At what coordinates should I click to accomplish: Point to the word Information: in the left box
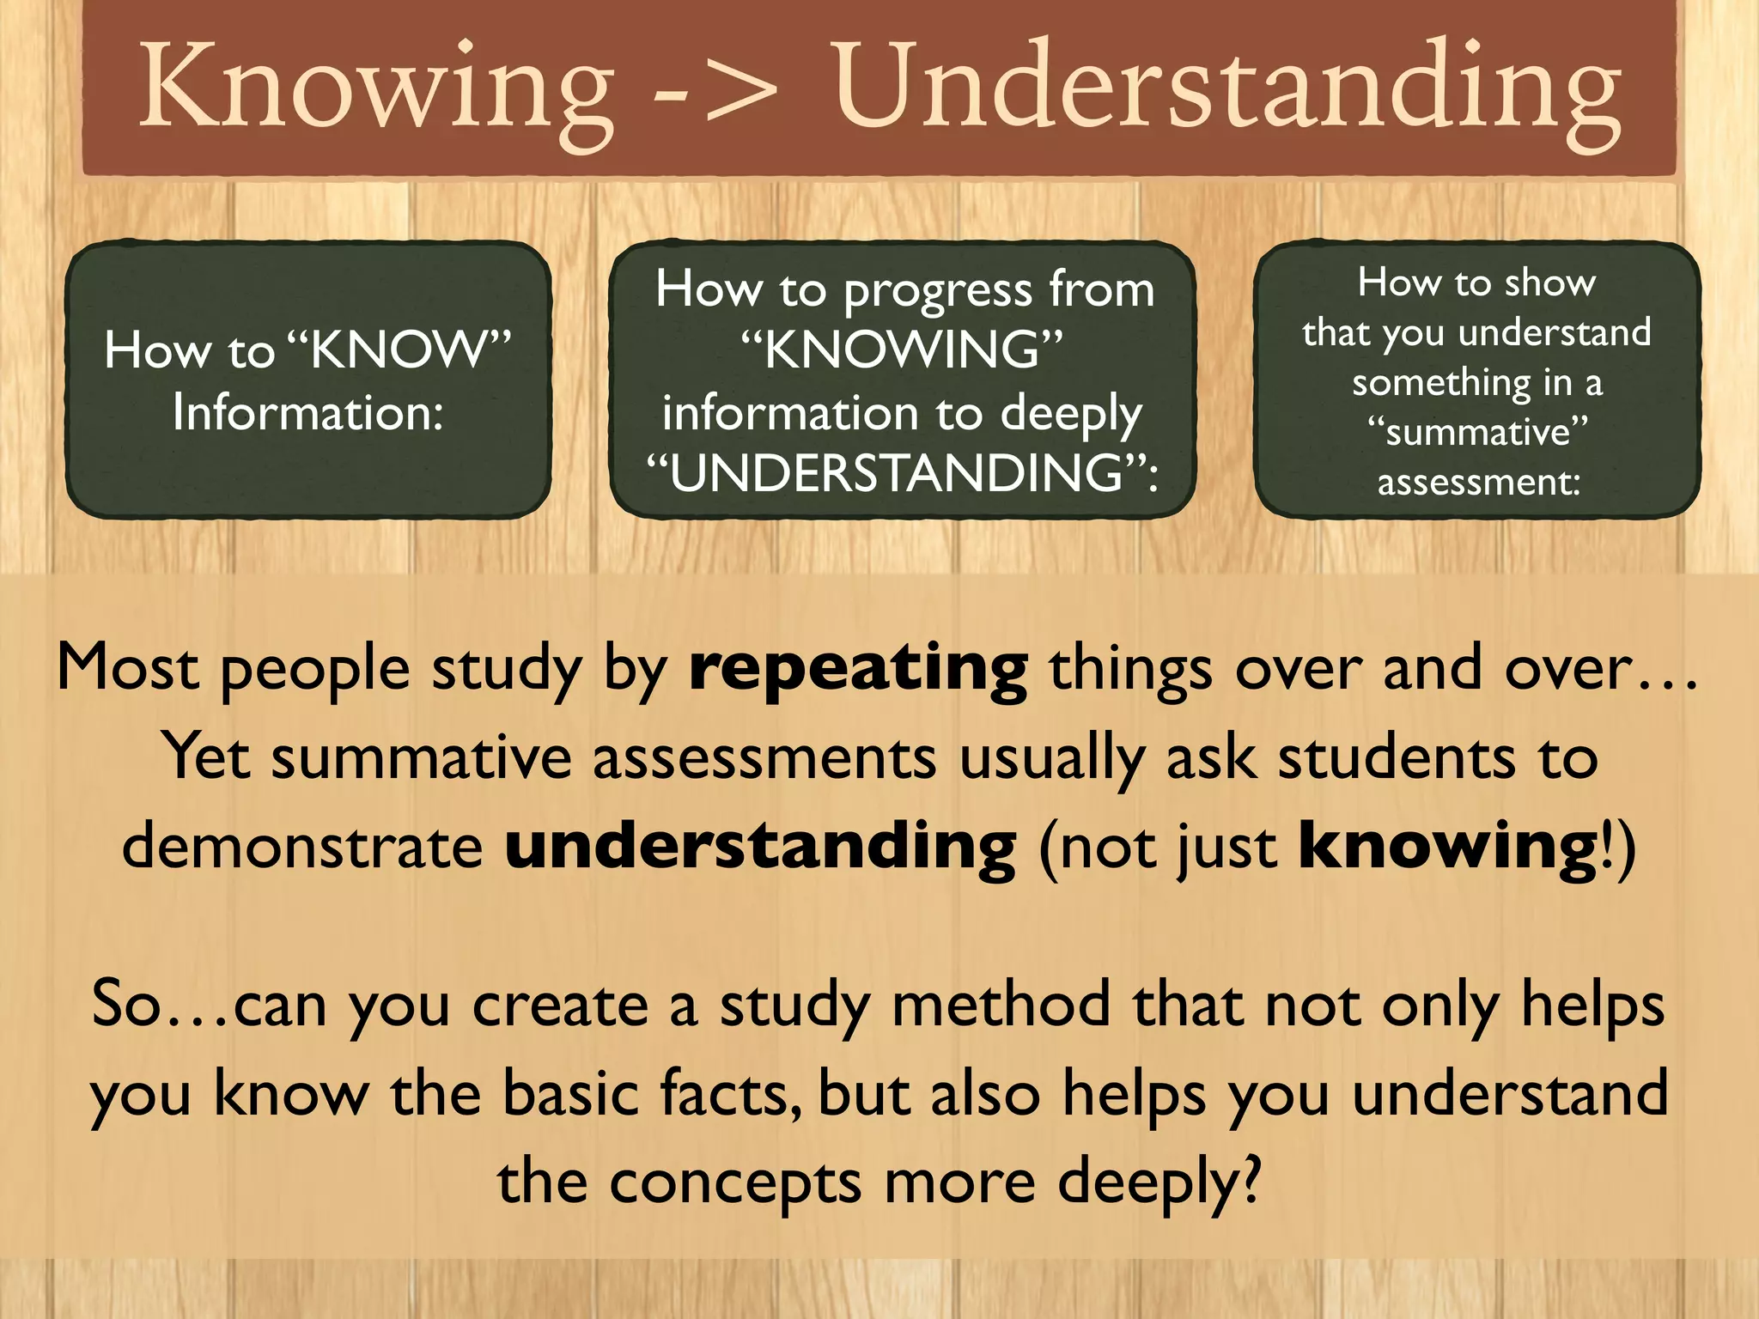307,413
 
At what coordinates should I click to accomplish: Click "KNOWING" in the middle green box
902,350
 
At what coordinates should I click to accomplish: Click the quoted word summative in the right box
1477,431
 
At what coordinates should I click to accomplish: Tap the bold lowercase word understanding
760,846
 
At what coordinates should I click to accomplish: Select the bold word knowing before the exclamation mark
1446,846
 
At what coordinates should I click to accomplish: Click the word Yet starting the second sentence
207,757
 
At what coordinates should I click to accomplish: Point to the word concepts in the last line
734,1182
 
